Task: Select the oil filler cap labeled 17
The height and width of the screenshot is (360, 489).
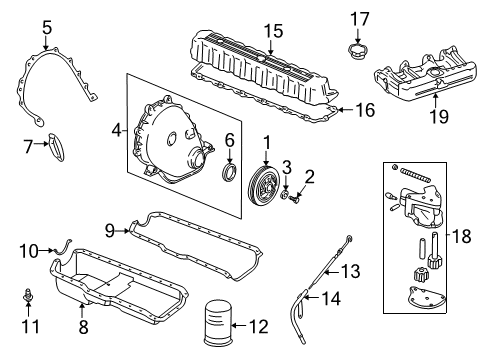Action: coord(358,50)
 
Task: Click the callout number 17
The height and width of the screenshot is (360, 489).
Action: coord(358,17)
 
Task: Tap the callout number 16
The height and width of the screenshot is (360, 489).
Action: coord(366,110)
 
